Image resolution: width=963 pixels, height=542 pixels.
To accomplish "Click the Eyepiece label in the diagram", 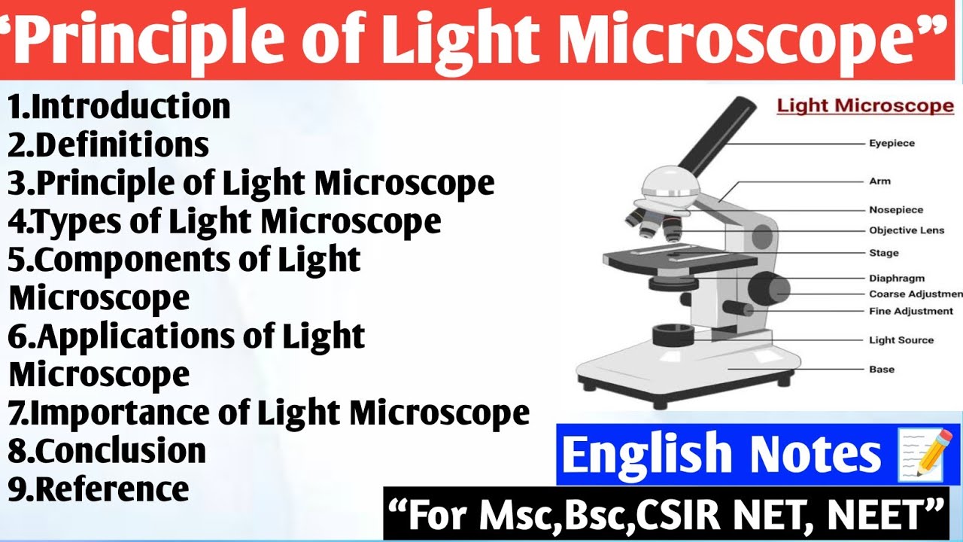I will pyautogui.click(x=892, y=143).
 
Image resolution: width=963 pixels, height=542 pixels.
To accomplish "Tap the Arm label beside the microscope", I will pyautogui.click(x=879, y=181).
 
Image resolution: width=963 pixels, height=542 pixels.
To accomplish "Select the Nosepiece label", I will pyautogui.click(x=896, y=210).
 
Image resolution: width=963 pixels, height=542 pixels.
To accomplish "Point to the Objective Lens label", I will pyautogui.click(x=907, y=230).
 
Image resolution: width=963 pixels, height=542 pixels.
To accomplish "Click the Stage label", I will pyautogui.click(x=884, y=253).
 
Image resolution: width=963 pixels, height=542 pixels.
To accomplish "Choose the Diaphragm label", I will pyautogui.click(x=897, y=279).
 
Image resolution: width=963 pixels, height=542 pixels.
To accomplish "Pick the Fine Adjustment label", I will pyautogui.click(x=911, y=311).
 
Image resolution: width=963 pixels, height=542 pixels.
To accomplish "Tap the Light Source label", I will pyautogui.click(x=901, y=340).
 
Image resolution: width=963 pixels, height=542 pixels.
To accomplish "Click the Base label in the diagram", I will pyautogui.click(x=882, y=370).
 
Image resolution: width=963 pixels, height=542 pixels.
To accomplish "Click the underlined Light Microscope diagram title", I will pyautogui.click(x=865, y=106).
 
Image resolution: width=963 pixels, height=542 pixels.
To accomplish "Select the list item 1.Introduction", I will pyautogui.click(x=120, y=107).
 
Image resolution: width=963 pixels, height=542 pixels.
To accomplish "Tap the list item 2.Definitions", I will pyautogui.click(x=109, y=145).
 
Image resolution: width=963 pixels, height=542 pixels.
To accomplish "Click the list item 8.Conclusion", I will pyautogui.click(x=108, y=451).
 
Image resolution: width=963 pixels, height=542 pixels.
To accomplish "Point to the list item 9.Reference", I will pyautogui.click(x=99, y=489).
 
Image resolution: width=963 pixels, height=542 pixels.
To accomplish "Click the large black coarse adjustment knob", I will pyautogui.click(x=769, y=288).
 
